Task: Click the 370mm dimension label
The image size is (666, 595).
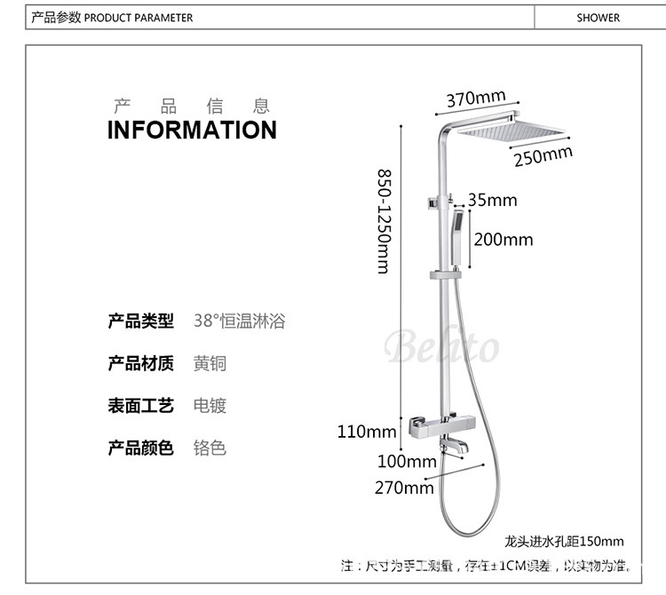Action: tap(475, 98)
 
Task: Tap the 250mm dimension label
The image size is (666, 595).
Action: tap(543, 156)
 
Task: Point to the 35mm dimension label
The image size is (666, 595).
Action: tap(492, 200)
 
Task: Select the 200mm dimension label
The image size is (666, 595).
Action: tap(503, 239)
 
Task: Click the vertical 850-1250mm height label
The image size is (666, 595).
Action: tap(384, 221)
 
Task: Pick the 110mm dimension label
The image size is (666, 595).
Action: tap(366, 432)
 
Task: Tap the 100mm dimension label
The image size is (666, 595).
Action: tap(407, 461)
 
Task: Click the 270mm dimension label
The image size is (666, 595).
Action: tap(404, 487)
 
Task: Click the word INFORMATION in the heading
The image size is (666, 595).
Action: tap(192, 130)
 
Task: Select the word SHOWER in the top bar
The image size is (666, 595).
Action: tap(598, 17)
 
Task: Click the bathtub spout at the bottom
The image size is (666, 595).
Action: tap(452, 452)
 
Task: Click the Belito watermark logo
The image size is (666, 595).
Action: tap(441, 345)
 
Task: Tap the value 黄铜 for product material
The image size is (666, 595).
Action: tap(210, 363)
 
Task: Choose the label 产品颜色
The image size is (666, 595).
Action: tap(140, 448)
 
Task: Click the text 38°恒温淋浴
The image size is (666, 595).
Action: tap(240, 321)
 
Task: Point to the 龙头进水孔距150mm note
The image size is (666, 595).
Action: tap(564, 541)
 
